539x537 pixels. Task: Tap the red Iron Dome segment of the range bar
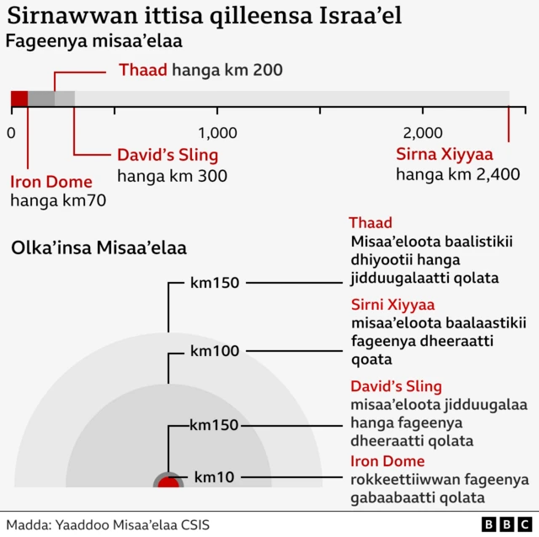(x=19, y=98)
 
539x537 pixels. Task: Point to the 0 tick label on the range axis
(x=11, y=133)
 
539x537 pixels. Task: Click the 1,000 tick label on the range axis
(x=217, y=133)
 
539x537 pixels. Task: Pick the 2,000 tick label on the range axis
(x=423, y=133)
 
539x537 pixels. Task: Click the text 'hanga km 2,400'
(x=457, y=175)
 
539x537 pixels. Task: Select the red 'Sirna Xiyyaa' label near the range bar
(x=444, y=154)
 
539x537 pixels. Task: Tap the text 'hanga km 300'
(x=172, y=176)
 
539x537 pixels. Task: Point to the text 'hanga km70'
(x=57, y=201)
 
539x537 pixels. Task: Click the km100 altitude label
(x=215, y=350)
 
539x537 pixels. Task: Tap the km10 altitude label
(x=214, y=477)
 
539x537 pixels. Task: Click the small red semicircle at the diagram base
(x=168, y=482)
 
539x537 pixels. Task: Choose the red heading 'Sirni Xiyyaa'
(x=392, y=304)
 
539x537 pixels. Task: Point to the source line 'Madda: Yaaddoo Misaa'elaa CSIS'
(x=108, y=524)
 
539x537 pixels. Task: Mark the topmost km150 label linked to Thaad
(x=215, y=283)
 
